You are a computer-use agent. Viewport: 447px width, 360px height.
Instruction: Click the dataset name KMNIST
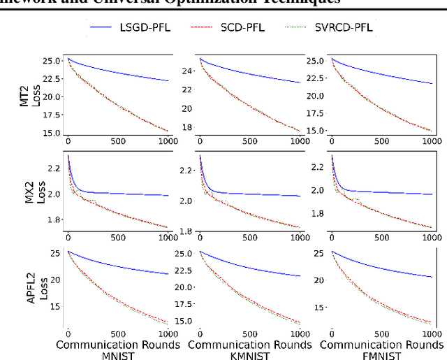(250, 355)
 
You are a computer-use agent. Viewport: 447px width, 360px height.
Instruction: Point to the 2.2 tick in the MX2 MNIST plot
(56, 168)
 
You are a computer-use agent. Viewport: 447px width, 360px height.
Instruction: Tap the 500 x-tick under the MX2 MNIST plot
(117, 238)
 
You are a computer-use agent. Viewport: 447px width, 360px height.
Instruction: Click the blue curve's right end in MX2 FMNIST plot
(433, 194)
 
